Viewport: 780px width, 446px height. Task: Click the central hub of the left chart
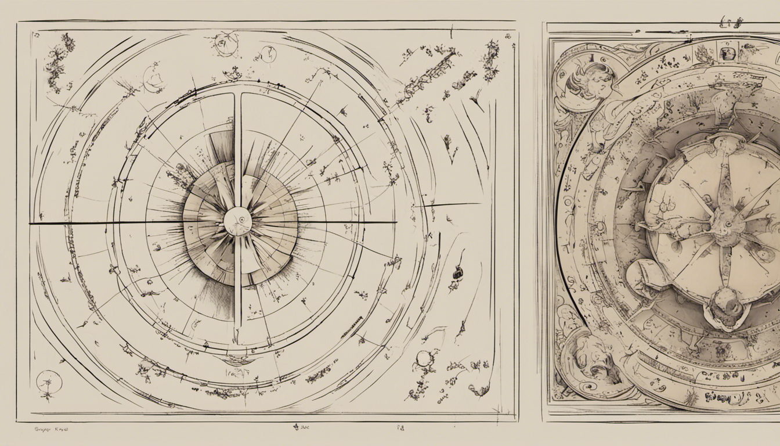coord(238,221)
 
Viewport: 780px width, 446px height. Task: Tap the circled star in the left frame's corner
coord(49,382)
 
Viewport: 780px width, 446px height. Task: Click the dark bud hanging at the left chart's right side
coord(458,272)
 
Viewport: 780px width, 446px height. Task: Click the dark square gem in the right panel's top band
coord(728,54)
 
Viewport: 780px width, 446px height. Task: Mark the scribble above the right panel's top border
coord(732,22)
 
